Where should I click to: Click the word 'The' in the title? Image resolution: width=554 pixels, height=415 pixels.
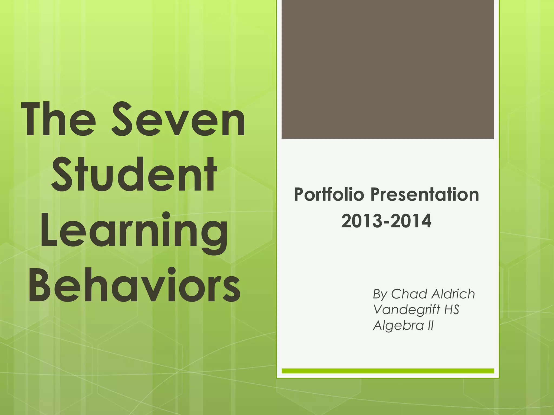[58, 119]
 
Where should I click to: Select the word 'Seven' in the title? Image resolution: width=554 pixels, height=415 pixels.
[179, 119]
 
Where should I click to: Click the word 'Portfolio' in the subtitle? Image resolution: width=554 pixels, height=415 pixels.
[329, 195]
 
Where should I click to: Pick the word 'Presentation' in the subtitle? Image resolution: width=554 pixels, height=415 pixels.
[425, 195]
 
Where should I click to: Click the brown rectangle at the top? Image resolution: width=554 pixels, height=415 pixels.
[388, 69]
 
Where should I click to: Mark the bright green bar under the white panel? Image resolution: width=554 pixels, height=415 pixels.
[388, 371]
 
